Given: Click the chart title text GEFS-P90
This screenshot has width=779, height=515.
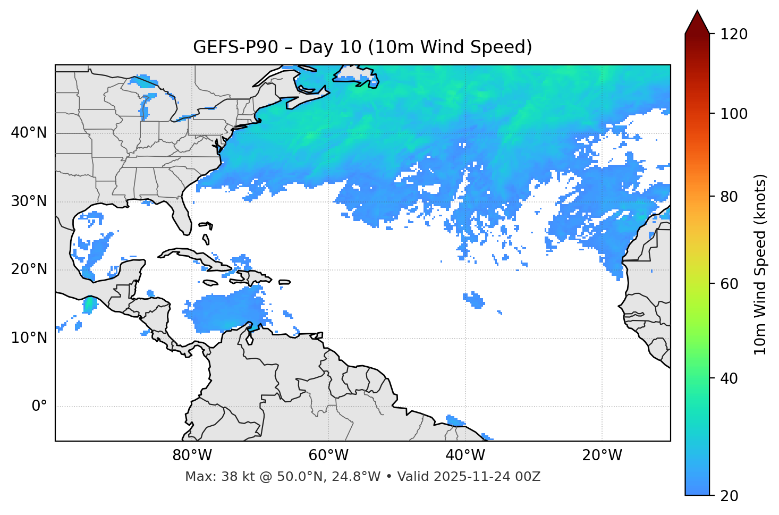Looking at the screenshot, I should pos(235,47).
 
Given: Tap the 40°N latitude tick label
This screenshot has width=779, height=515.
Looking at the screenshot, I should pos(29,133).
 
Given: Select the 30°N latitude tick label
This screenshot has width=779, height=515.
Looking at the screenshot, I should pos(29,201).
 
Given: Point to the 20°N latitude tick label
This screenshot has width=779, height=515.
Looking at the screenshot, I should pos(29,269).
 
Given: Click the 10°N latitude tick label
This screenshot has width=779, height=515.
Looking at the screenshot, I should pos(29,338).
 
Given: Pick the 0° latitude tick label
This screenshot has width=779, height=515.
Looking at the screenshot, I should pos(39,407).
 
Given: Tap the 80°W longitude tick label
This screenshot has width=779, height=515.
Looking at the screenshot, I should pos(192,455).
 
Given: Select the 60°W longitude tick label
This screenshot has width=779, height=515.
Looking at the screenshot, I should pos(328,455).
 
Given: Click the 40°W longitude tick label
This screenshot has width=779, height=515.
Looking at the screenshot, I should pos(465,455).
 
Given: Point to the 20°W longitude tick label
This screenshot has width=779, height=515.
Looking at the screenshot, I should pos(602,455).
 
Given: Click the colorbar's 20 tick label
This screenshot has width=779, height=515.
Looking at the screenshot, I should pos(729,496).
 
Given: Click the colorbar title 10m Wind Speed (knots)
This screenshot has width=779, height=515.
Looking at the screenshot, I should pos(760,264).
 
